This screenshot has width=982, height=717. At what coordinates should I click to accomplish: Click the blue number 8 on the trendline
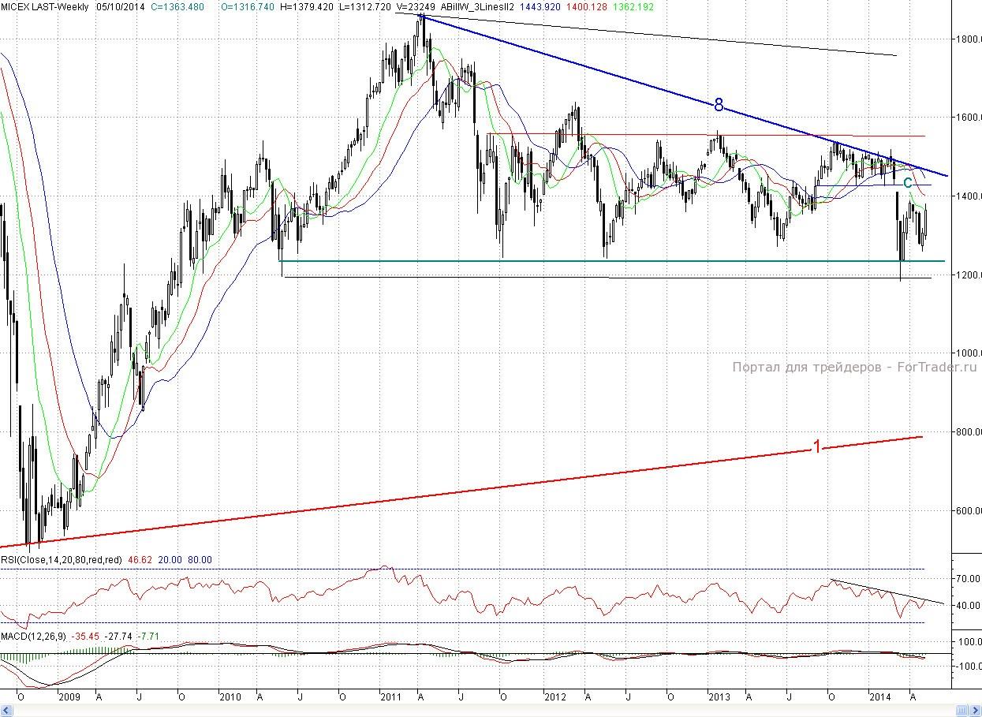click(719, 105)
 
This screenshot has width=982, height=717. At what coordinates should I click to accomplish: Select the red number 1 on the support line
click(817, 447)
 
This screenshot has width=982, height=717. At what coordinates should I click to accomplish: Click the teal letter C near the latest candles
click(908, 183)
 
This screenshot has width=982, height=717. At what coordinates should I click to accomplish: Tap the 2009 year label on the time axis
click(70, 697)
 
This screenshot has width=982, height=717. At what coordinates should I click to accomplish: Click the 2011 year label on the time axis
click(390, 697)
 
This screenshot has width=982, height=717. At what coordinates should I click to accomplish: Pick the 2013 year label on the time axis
click(719, 697)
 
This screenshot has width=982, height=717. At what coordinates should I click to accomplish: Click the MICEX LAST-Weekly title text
click(44, 6)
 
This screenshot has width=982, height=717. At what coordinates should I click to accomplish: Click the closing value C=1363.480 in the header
click(182, 6)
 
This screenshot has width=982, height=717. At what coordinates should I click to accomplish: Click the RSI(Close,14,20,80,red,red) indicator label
click(62, 559)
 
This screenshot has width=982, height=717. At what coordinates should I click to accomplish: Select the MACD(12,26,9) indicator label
click(33, 636)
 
